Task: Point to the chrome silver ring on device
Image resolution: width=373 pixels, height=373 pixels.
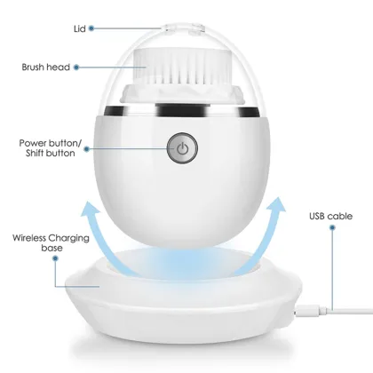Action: click(x=181, y=113)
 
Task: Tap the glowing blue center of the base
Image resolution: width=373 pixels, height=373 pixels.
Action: click(x=181, y=266)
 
